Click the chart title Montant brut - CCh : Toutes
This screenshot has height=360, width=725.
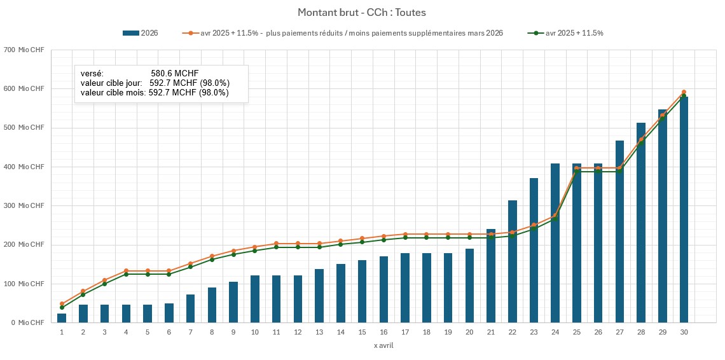pos(362,12)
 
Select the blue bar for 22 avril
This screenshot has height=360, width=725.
pos(513,261)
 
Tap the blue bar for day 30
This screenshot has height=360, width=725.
pos(684,210)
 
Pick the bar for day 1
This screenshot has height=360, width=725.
pos(62,318)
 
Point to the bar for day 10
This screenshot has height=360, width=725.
pos(255,299)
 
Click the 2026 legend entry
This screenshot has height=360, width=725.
pos(140,33)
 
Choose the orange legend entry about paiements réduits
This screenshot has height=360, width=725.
pos(343,33)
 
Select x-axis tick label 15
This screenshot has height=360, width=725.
pos(362,332)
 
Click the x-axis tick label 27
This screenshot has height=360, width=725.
pos(619,332)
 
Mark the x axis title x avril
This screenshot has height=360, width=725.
pos(383,345)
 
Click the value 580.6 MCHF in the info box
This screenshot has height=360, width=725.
pos(175,74)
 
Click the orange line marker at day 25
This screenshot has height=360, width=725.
pos(577,168)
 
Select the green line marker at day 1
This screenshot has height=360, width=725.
pos(62,307)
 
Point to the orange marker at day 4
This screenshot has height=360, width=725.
pos(126,271)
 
